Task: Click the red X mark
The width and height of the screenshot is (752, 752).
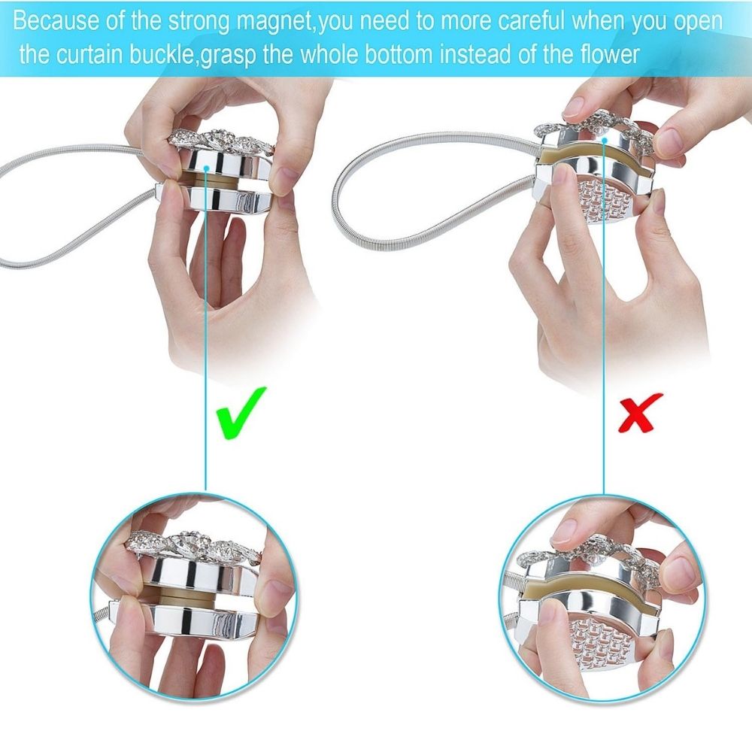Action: pyautogui.click(x=640, y=412)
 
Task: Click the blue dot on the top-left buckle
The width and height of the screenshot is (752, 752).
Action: pyautogui.click(x=206, y=168)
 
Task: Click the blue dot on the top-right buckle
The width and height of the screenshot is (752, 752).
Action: pyautogui.click(x=605, y=141)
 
